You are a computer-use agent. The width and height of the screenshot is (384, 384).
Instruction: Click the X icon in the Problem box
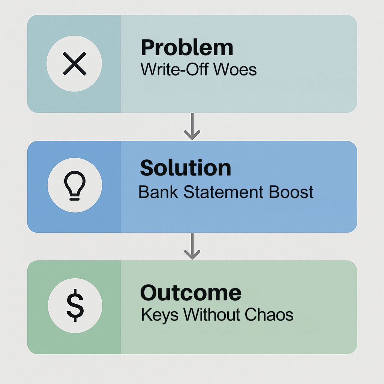pos(75,63)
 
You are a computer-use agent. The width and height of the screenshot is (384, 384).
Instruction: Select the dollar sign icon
pos(75,305)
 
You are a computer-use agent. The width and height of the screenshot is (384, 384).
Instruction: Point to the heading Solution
pos(185,168)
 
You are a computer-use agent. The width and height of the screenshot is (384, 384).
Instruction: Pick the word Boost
pos(291,192)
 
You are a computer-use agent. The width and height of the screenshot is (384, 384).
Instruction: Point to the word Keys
pos(160,315)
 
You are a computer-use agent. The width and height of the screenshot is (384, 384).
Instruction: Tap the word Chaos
pos(269,315)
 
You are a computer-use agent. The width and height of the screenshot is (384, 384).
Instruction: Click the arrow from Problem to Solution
pos(192,126)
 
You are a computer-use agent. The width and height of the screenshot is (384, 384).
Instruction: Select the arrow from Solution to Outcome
pos(192,246)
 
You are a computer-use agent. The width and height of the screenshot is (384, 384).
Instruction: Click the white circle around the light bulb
pos(52,185)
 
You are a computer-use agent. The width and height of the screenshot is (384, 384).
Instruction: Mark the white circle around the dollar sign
pos(52,305)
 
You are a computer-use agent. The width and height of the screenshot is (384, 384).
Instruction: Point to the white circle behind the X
pos(51,64)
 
